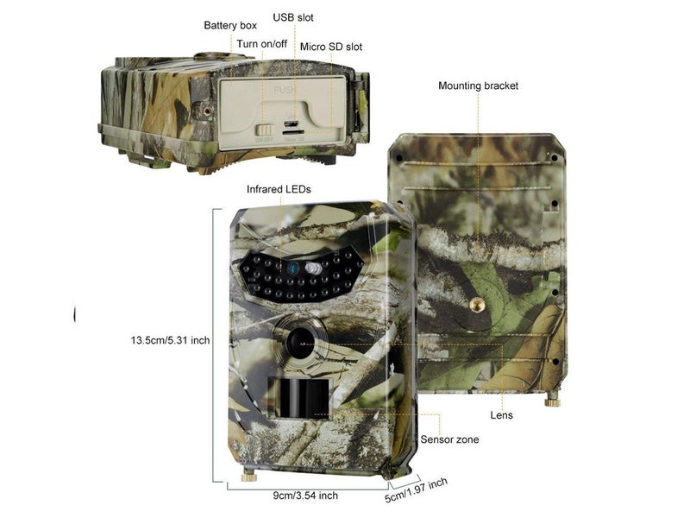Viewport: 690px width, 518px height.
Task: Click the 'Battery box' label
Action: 230,26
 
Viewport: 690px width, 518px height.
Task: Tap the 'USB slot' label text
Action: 294,17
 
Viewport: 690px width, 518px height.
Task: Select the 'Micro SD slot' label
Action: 330,47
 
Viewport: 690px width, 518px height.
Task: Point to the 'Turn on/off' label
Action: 262,43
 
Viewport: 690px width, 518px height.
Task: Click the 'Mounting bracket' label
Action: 478,86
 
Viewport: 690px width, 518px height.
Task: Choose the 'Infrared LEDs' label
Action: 279,188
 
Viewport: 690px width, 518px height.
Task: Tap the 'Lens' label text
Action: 501,415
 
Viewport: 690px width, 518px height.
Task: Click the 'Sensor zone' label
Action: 449,439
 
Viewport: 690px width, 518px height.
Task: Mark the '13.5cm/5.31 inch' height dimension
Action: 165,340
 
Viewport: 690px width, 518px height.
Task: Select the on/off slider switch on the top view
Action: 265,130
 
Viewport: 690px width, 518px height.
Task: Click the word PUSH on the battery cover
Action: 285,90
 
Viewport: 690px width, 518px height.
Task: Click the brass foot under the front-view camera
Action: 248,475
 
